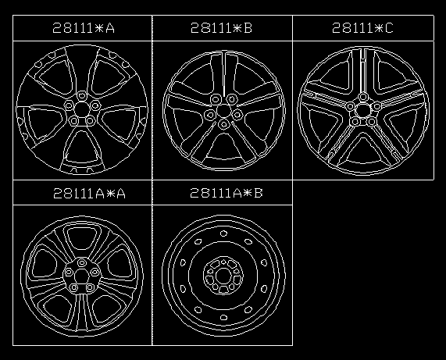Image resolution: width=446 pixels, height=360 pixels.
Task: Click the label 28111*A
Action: point(84,28)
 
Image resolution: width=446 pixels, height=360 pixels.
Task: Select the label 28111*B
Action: point(221,28)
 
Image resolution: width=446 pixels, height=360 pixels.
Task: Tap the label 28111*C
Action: point(362,28)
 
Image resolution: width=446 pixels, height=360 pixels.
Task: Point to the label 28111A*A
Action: point(89,194)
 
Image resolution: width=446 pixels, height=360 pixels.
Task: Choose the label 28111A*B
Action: point(227,193)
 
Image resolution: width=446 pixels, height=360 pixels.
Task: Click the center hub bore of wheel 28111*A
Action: point(82,109)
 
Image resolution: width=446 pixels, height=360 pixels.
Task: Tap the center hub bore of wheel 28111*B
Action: point(223,111)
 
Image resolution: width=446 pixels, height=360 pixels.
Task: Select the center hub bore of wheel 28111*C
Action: point(362,110)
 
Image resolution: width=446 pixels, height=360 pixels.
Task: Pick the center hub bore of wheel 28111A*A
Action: point(82,275)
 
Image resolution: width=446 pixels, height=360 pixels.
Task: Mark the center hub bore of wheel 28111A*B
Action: point(223,276)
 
